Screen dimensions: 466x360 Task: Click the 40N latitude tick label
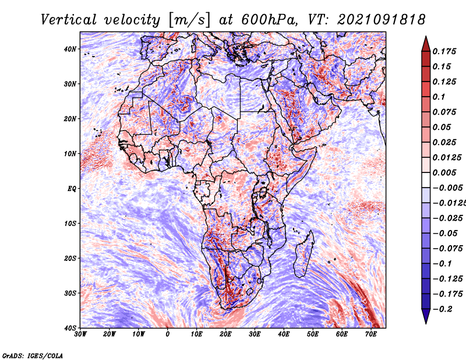tap(70, 49)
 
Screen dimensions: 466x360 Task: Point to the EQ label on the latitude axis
tap(72, 189)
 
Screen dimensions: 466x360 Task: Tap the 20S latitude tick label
tap(70, 258)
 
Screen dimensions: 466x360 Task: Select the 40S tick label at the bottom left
tap(70, 328)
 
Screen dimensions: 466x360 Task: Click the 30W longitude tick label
tap(80, 334)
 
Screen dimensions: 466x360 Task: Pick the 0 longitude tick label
tap(168, 334)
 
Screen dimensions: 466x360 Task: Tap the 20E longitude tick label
tap(225, 334)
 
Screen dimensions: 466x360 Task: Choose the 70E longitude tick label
tap(370, 334)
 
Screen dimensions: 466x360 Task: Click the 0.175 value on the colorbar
tap(444, 52)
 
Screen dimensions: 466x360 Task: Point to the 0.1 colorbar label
tap(439, 97)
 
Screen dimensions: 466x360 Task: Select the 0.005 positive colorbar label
tap(444, 172)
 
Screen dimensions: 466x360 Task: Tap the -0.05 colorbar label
tap(445, 234)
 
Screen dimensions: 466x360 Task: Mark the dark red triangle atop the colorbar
tap(426, 45)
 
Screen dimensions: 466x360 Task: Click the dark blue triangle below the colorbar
tap(426, 316)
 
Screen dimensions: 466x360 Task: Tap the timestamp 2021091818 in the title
tap(382, 20)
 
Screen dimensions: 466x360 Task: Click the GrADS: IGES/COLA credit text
tap(33, 356)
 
